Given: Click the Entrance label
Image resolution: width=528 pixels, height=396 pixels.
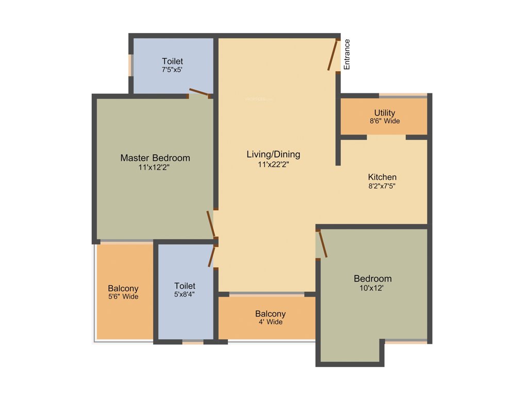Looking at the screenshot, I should click(x=347, y=54).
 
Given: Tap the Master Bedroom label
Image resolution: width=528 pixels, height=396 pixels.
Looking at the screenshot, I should click(x=155, y=158).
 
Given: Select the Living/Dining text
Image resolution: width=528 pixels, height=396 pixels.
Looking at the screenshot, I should click(x=273, y=154).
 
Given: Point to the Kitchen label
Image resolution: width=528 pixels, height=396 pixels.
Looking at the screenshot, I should click(x=382, y=177).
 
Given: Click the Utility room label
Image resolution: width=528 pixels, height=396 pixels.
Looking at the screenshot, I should click(x=385, y=113).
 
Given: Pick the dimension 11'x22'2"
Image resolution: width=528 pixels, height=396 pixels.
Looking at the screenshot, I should click(x=273, y=164).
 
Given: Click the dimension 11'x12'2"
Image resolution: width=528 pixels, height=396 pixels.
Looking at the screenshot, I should click(x=155, y=168).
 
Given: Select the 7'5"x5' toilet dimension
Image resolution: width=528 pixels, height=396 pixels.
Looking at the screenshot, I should click(x=172, y=70).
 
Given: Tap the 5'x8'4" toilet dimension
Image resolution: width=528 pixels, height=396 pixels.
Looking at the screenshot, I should click(x=185, y=294).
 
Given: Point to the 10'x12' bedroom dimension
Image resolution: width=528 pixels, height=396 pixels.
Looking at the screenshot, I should click(x=372, y=288).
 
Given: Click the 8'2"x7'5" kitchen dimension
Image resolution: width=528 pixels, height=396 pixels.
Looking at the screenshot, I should click(x=382, y=186).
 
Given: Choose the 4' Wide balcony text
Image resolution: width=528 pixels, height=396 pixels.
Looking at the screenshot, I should click(x=270, y=322).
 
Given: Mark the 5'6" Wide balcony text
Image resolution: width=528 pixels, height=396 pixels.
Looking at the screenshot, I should click(x=123, y=296).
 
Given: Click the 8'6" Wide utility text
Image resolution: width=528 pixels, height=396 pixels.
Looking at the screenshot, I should click(x=385, y=121).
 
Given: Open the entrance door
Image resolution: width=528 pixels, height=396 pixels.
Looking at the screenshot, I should click(x=334, y=55).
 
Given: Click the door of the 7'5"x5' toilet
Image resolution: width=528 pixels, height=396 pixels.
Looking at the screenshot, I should click(x=199, y=93).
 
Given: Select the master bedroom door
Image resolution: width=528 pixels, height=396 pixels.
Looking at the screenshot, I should click(x=210, y=224).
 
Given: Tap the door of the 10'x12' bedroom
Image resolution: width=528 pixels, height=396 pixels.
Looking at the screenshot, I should click(x=323, y=244).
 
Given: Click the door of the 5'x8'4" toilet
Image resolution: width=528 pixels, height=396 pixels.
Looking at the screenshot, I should click(x=212, y=256).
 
